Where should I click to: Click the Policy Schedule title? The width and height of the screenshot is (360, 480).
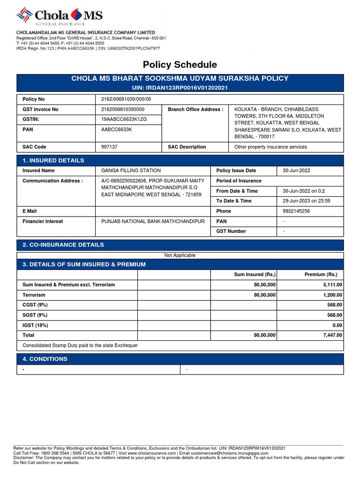coord(180,65)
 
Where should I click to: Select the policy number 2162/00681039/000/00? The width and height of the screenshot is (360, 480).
coord(126,99)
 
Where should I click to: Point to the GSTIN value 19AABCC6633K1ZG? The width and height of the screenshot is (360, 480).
coord(124,120)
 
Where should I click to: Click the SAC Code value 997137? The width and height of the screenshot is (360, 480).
coord(110,147)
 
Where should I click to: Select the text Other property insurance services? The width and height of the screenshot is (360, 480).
coord(270,147)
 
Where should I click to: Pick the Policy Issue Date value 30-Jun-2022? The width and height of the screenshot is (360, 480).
coord(296,171)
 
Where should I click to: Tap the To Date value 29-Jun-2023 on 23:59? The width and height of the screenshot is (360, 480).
coord(307,201)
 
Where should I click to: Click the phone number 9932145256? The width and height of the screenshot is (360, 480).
coord(296,211)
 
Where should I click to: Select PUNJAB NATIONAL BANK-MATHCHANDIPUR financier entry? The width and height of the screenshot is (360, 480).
coord(153,221)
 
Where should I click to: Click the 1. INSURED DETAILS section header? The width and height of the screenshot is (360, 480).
coord(53,160)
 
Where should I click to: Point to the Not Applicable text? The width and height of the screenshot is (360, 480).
coord(180,255)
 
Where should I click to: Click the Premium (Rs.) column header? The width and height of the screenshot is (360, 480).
coord(321,275)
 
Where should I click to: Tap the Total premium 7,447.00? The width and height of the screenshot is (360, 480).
coord(331,335)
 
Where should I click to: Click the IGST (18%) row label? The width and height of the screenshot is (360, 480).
coord(36,325)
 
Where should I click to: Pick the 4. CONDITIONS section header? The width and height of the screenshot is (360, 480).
coord(45,359)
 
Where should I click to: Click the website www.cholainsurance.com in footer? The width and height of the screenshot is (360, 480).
coord(151,453)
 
